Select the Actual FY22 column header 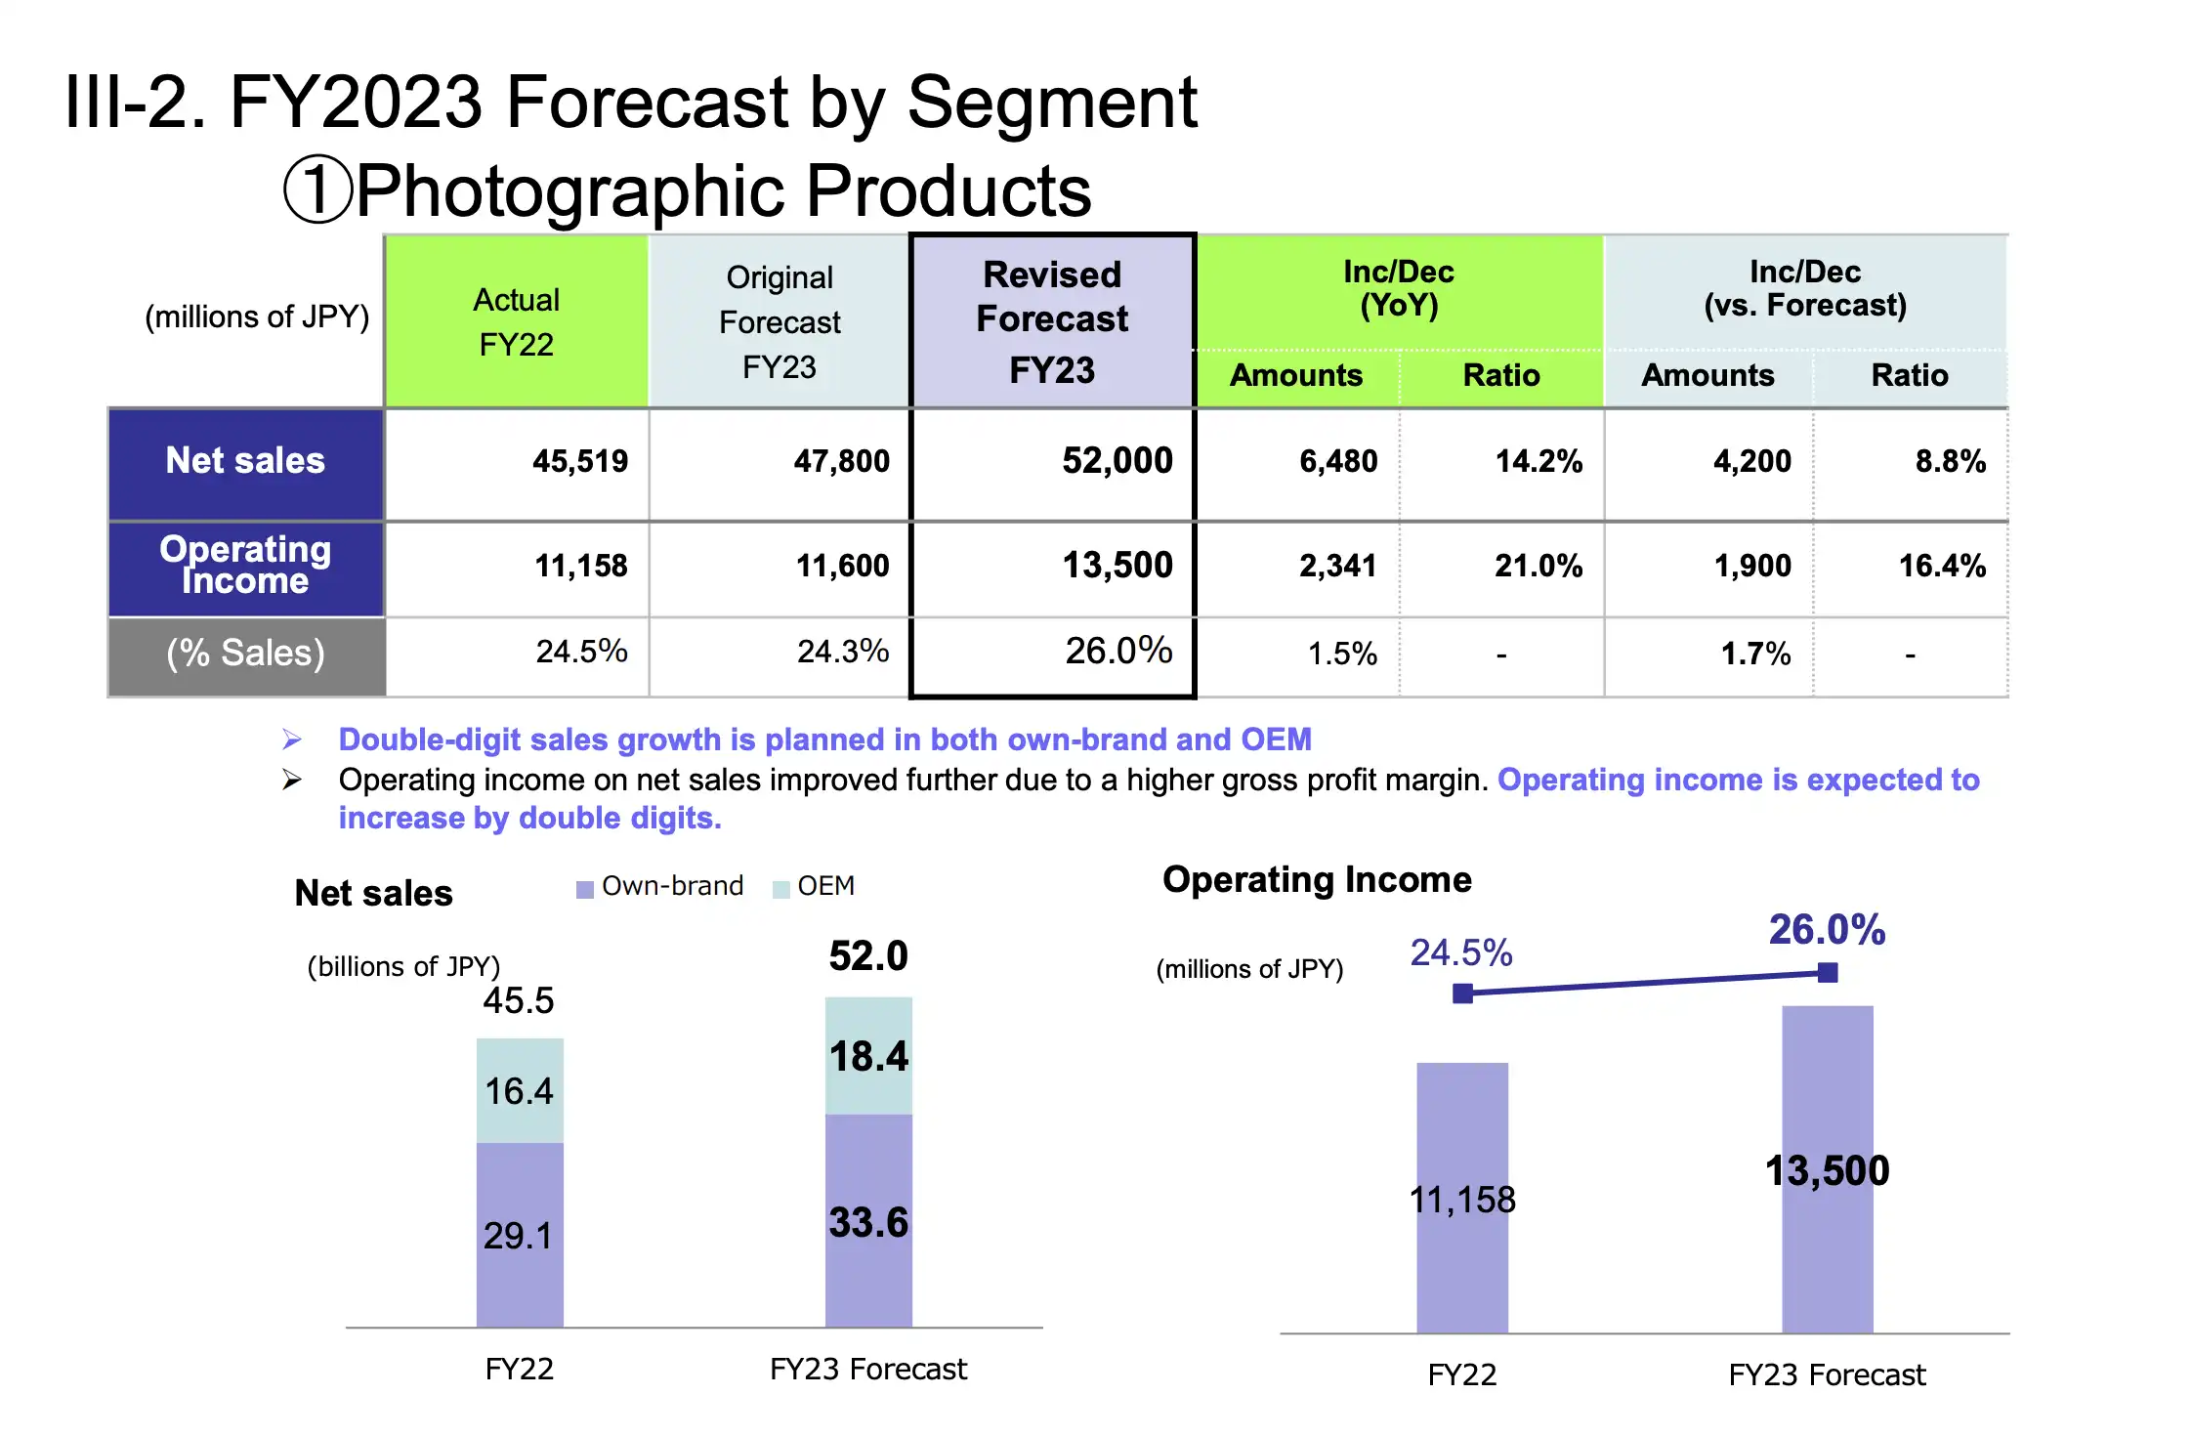coord(516,321)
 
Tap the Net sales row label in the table coord(245,461)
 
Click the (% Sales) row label coord(245,654)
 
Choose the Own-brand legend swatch coord(585,889)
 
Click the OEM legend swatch coord(780,889)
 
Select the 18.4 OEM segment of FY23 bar coord(868,1055)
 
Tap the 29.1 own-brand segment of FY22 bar coord(520,1235)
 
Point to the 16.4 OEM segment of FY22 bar coord(520,1090)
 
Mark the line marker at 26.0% coord(1828,972)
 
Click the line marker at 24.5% coord(1462,993)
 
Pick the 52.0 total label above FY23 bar coord(868,955)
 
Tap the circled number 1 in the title coord(317,190)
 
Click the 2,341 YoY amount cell coord(1337,566)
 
